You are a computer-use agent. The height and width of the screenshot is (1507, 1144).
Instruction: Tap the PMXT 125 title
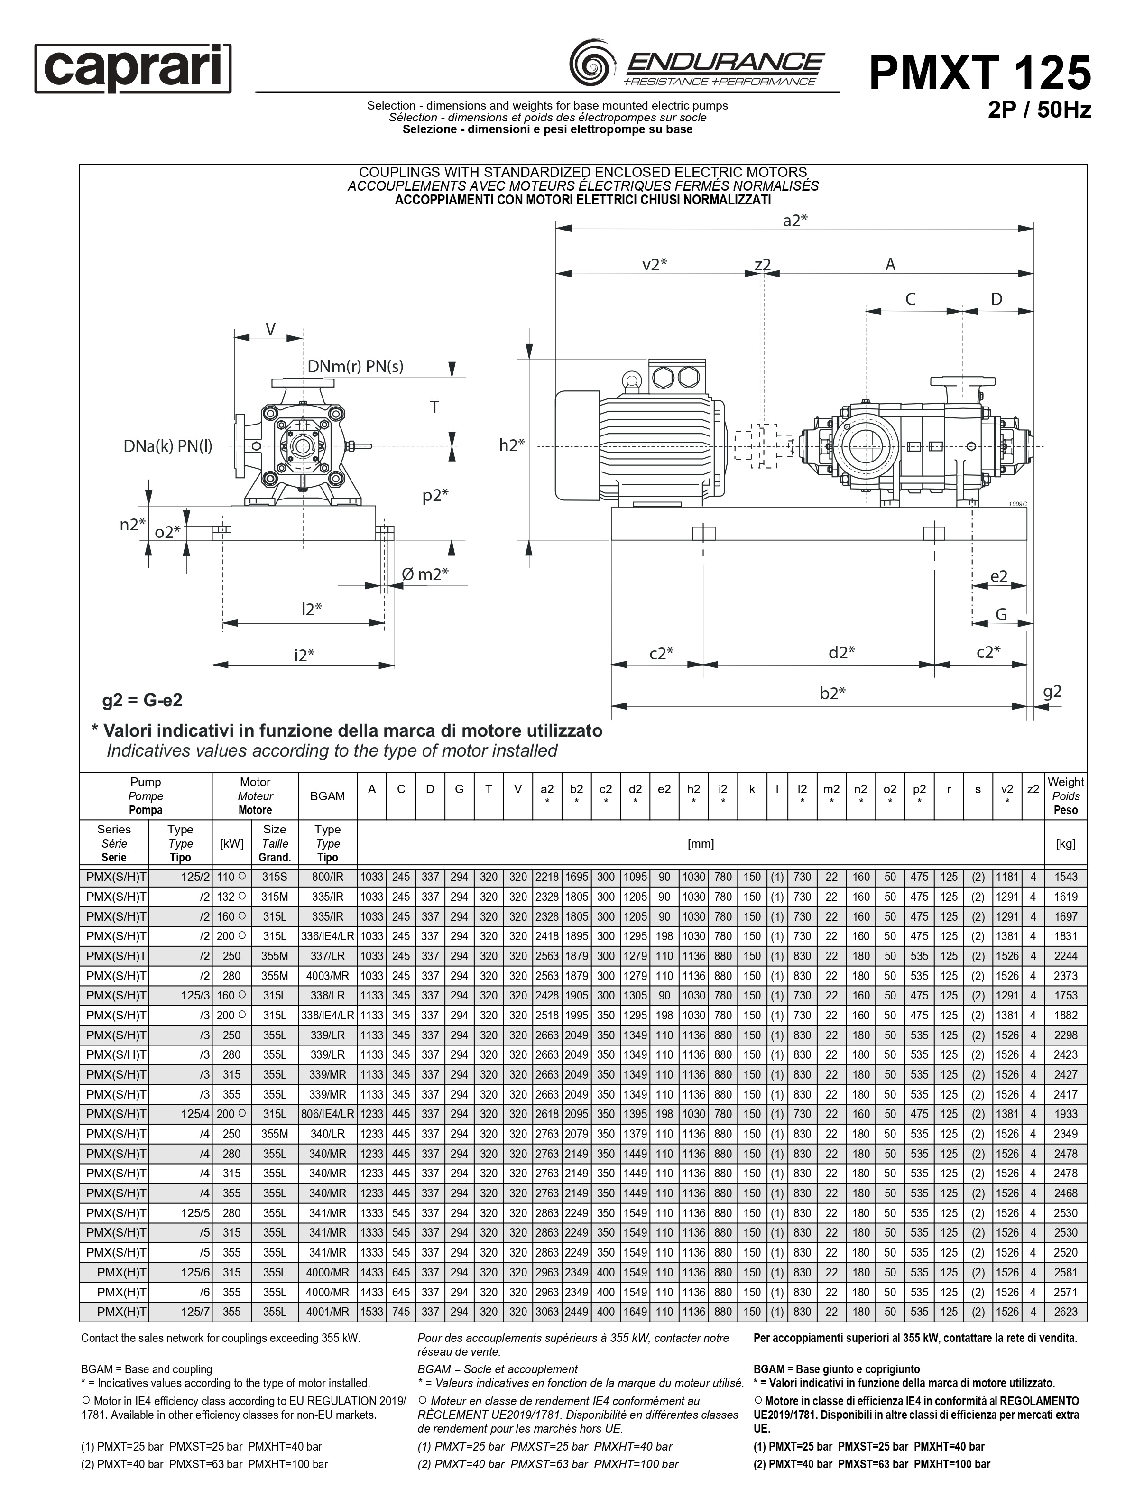[x=980, y=73]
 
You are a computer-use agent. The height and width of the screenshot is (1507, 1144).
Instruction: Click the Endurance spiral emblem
[x=591, y=64]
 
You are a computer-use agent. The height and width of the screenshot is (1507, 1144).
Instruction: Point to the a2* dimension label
[x=794, y=220]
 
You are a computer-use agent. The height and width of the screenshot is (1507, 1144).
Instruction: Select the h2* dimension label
[x=512, y=445]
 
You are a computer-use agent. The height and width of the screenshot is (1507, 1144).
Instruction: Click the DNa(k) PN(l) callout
[x=167, y=446]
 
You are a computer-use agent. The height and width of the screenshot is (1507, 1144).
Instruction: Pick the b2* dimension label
[x=832, y=693]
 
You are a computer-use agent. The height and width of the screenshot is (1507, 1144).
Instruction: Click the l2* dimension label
[x=312, y=609]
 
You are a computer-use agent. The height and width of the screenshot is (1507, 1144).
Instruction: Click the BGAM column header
[x=327, y=796]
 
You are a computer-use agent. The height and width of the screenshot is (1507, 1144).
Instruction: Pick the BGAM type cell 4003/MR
[x=327, y=976]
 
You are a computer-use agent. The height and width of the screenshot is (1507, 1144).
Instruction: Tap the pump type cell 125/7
[x=195, y=1312]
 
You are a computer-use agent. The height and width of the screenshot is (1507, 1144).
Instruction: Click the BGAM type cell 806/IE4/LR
[x=327, y=1114]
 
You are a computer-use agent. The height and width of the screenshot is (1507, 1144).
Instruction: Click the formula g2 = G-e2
[x=142, y=700]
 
